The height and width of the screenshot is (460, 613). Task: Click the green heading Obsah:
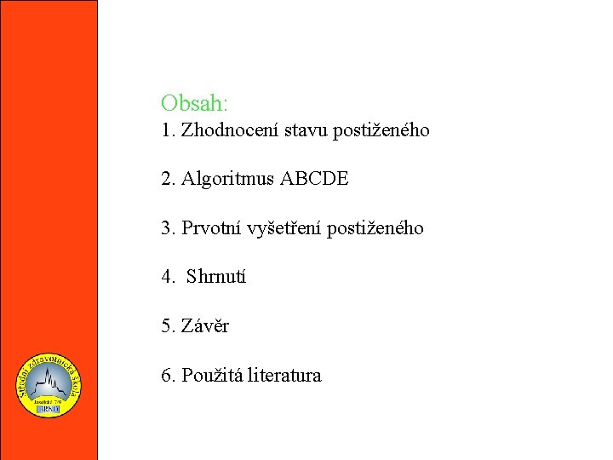click(194, 103)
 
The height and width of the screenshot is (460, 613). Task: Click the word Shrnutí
click(216, 277)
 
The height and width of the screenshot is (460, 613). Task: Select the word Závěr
click(205, 325)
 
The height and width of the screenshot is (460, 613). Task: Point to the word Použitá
click(212, 375)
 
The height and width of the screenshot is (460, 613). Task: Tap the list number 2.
click(166, 180)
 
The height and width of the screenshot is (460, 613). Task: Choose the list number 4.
click(166, 277)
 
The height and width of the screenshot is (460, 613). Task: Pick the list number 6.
click(166, 375)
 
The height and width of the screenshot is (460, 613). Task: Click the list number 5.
click(166, 325)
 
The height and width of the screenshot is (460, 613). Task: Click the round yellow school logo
click(49, 385)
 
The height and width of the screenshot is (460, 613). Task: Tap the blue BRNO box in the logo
click(49, 409)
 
